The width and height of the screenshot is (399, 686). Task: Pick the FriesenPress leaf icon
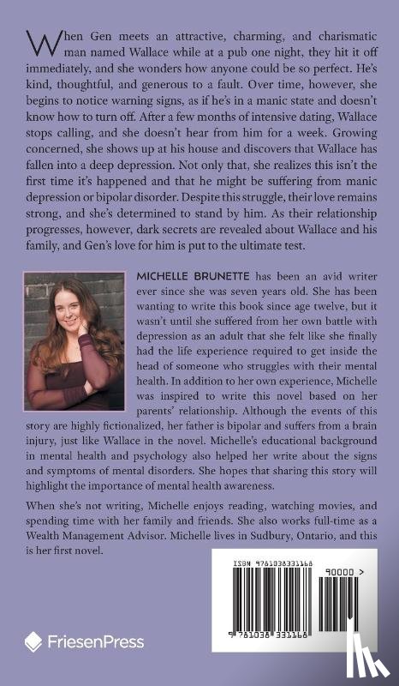33,641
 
